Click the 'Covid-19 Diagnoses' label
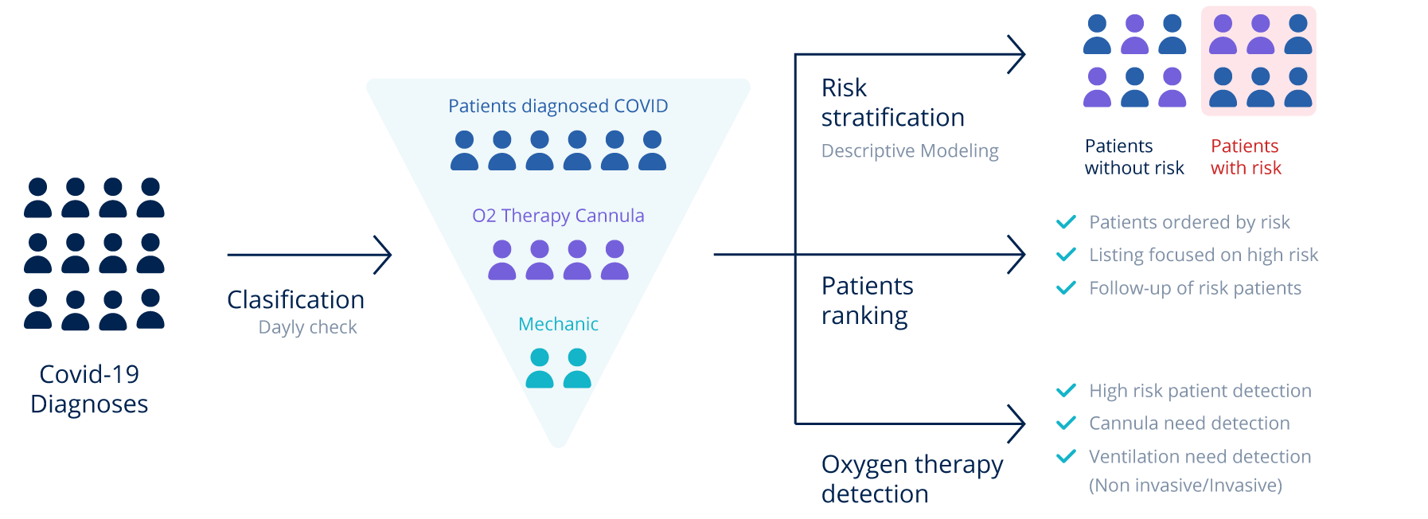coord(89,389)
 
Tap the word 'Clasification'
coord(295,300)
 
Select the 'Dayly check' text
coord(307,327)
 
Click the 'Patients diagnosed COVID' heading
coord(558,106)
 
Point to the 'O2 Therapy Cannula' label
coord(558,216)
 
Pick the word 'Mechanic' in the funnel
coord(558,324)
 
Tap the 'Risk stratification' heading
coord(892,103)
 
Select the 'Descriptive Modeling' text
coord(910,151)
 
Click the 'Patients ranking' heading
coord(867,301)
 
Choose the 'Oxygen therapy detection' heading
coord(911,479)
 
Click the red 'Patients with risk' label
coord(1246,157)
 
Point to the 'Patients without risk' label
coord(1134,157)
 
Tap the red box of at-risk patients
coord(1258,61)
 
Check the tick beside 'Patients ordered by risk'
coord(1066,222)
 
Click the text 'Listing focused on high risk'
coord(1204,255)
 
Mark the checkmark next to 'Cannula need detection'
coord(1066,423)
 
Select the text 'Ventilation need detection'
coord(1200,457)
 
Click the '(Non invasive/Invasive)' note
coord(1185,486)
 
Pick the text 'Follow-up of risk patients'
coord(1195,288)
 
